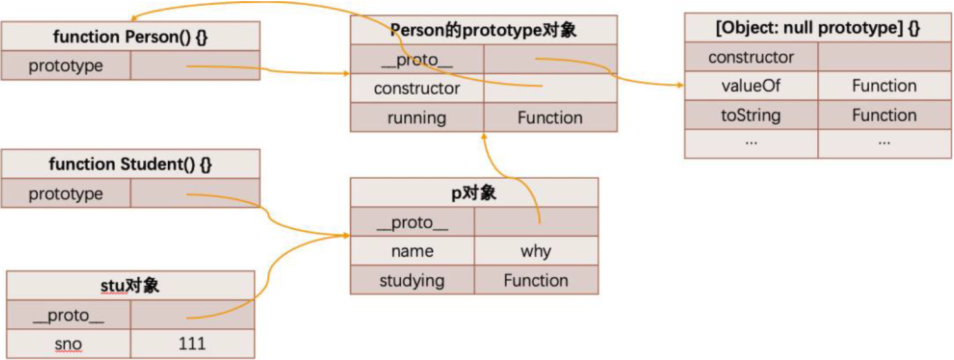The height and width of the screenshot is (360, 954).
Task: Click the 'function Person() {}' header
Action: pos(130,36)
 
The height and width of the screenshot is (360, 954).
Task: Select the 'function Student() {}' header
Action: pos(130,165)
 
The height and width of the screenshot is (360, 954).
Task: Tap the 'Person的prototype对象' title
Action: pos(483,30)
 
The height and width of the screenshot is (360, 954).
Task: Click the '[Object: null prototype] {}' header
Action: pos(818,28)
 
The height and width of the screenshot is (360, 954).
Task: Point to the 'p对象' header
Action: pos(474,193)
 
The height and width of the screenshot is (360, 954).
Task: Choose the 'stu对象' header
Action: pos(130,286)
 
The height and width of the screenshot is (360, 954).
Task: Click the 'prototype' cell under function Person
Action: pos(66,66)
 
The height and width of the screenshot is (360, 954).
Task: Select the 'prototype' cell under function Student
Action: pos(66,194)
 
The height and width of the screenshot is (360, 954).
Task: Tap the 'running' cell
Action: pos(416,117)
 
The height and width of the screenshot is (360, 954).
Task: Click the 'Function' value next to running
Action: pos(550,117)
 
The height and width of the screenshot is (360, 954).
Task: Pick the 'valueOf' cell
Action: pos(751,86)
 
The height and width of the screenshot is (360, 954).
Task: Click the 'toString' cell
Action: pos(751,115)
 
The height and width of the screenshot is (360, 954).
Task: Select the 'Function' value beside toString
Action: pos(884,115)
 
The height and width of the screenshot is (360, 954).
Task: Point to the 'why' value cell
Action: pos(536,251)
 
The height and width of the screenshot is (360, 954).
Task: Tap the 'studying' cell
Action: pos(412,281)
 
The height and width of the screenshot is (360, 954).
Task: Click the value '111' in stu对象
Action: pos(192,343)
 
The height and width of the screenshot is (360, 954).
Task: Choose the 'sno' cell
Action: pos(68,344)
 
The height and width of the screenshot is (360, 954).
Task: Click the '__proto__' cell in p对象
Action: pos(412,223)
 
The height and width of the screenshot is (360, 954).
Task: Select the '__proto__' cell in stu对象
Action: pos(68,316)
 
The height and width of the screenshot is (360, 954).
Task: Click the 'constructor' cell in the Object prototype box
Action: pos(751,57)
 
